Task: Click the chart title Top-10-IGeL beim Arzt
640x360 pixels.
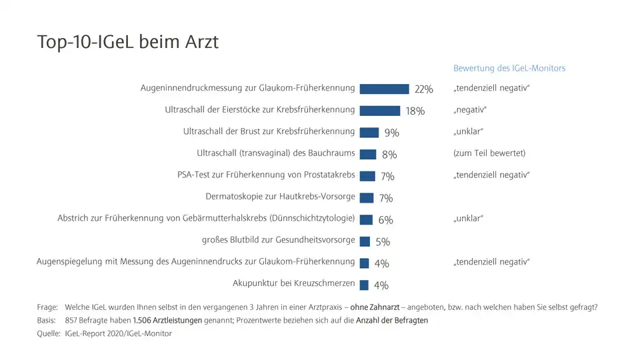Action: (127, 42)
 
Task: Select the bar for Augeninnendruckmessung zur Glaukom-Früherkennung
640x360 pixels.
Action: (384, 89)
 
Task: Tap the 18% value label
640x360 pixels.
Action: (415, 111)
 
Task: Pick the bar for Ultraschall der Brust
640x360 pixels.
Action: (369, 132)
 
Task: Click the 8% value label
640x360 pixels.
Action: (389, 155)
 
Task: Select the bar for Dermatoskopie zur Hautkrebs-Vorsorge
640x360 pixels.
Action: (367, 197)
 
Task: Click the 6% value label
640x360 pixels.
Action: (385, 220)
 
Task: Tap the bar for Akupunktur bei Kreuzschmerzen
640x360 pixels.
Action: (364, 285)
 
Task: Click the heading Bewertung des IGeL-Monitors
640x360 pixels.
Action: (509, 68)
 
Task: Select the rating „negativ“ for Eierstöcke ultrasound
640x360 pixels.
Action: (470, 110)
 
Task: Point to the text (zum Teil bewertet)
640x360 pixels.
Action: (489, 153)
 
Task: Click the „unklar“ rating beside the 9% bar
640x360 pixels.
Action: (468, 131)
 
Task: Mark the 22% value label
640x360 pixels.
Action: (424, 89)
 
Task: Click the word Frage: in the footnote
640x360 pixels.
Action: (48, 307)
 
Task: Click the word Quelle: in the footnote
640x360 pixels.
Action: (49, 333)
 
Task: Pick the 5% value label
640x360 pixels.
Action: (383, 242)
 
